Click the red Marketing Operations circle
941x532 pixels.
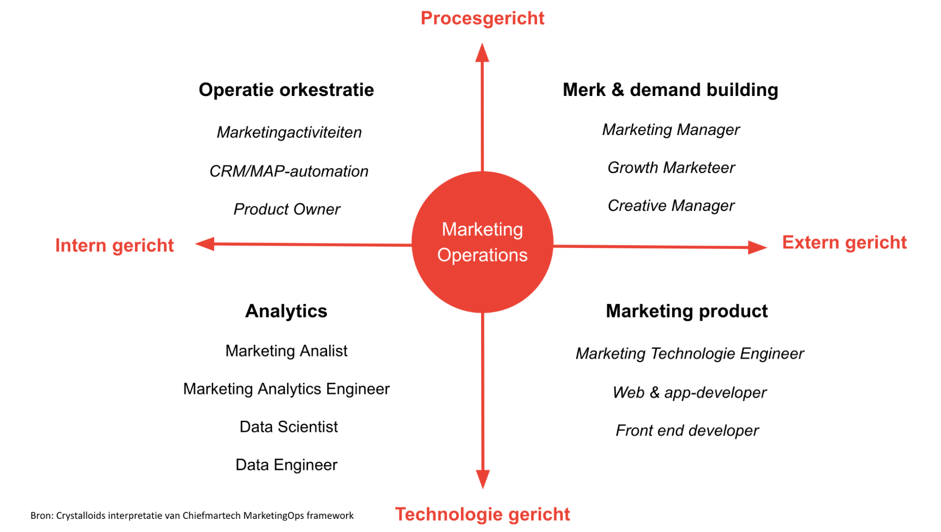(x=482, y=242)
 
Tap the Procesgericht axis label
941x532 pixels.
(x=482, y=19)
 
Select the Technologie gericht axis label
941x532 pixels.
(x=482, y=514)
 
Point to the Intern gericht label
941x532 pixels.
(x=114, y=246)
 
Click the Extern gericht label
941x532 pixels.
(x=844, y=243)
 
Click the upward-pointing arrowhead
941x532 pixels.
(x=482, y=52)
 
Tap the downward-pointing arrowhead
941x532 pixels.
(x=483, y=479)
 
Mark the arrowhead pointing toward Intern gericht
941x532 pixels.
(x=205, y=244)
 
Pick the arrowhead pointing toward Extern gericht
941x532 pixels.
(x=757, y=247)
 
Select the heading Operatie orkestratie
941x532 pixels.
(x=286, y=90)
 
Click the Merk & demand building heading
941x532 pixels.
(x=670, y=90)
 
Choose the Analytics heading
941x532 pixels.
(x=286, y=311)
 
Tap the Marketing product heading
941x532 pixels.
(x=687, y=311)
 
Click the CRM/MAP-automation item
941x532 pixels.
(x=289, y=171)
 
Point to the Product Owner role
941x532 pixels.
(x=287, y=209)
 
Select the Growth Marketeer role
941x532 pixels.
(x=671, y=167)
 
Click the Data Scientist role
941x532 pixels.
(x=289, y=427)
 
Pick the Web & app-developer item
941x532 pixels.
(x=689, y=393)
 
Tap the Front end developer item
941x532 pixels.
(x=687, y=430)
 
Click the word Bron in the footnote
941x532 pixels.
(x=41, y=516)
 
